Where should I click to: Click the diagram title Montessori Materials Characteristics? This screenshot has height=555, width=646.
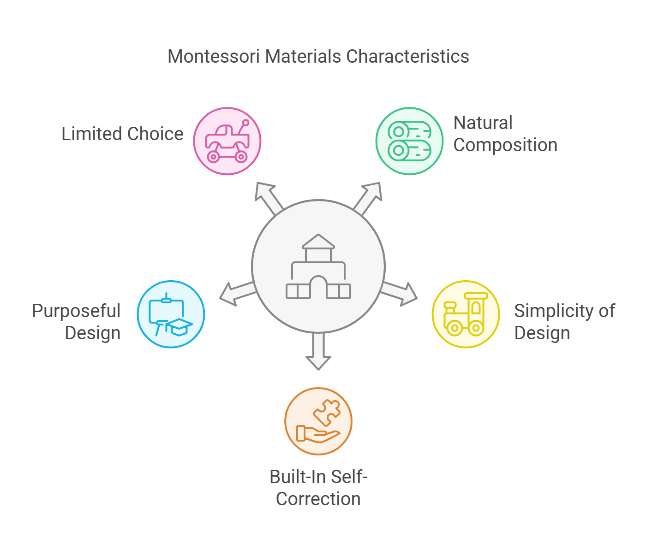318,57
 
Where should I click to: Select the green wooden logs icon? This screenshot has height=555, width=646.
409,141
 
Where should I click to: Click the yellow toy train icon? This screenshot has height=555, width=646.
465,314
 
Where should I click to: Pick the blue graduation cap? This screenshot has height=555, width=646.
179,326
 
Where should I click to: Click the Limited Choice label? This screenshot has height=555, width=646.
122,134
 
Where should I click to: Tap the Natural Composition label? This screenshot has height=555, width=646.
505,134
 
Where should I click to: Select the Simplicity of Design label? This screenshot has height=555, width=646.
564,322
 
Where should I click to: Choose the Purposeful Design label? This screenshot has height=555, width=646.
77,322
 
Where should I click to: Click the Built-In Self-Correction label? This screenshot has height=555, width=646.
318,488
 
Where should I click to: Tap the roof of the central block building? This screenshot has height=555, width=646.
318,242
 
